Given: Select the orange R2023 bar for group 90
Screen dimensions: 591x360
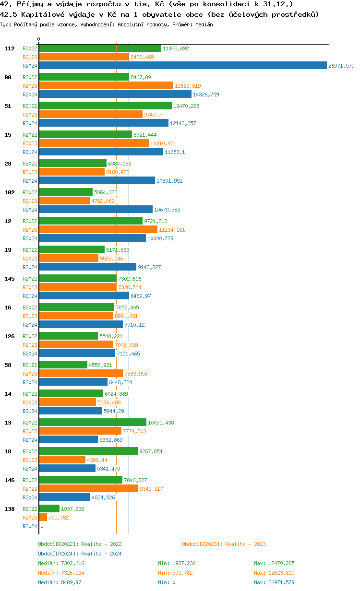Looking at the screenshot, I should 106,86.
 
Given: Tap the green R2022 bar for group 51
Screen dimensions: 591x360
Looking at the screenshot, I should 105,106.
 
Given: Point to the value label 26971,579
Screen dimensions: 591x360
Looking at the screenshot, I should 341,66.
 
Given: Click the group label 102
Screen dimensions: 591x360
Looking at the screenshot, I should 9,192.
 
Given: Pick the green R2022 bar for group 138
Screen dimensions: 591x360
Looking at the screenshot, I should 49,509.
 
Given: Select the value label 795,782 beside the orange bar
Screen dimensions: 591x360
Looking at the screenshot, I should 59,518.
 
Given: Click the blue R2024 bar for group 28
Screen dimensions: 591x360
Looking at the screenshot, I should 97,181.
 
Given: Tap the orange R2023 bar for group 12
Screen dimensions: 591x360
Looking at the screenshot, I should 98,230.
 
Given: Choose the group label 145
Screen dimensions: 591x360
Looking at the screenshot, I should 9,279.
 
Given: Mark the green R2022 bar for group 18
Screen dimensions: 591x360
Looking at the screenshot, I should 88,451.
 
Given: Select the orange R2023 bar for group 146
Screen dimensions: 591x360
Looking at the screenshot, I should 88,489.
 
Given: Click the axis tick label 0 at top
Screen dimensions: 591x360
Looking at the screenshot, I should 39,39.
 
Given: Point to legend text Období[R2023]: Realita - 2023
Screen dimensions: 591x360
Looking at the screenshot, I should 224,544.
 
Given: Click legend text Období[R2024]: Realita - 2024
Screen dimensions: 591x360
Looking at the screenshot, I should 80,554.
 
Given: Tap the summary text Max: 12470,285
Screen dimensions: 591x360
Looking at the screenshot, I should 274,563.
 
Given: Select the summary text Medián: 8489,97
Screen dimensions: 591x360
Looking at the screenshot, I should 61,582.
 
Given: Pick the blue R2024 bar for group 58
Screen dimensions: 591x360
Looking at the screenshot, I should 73,382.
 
